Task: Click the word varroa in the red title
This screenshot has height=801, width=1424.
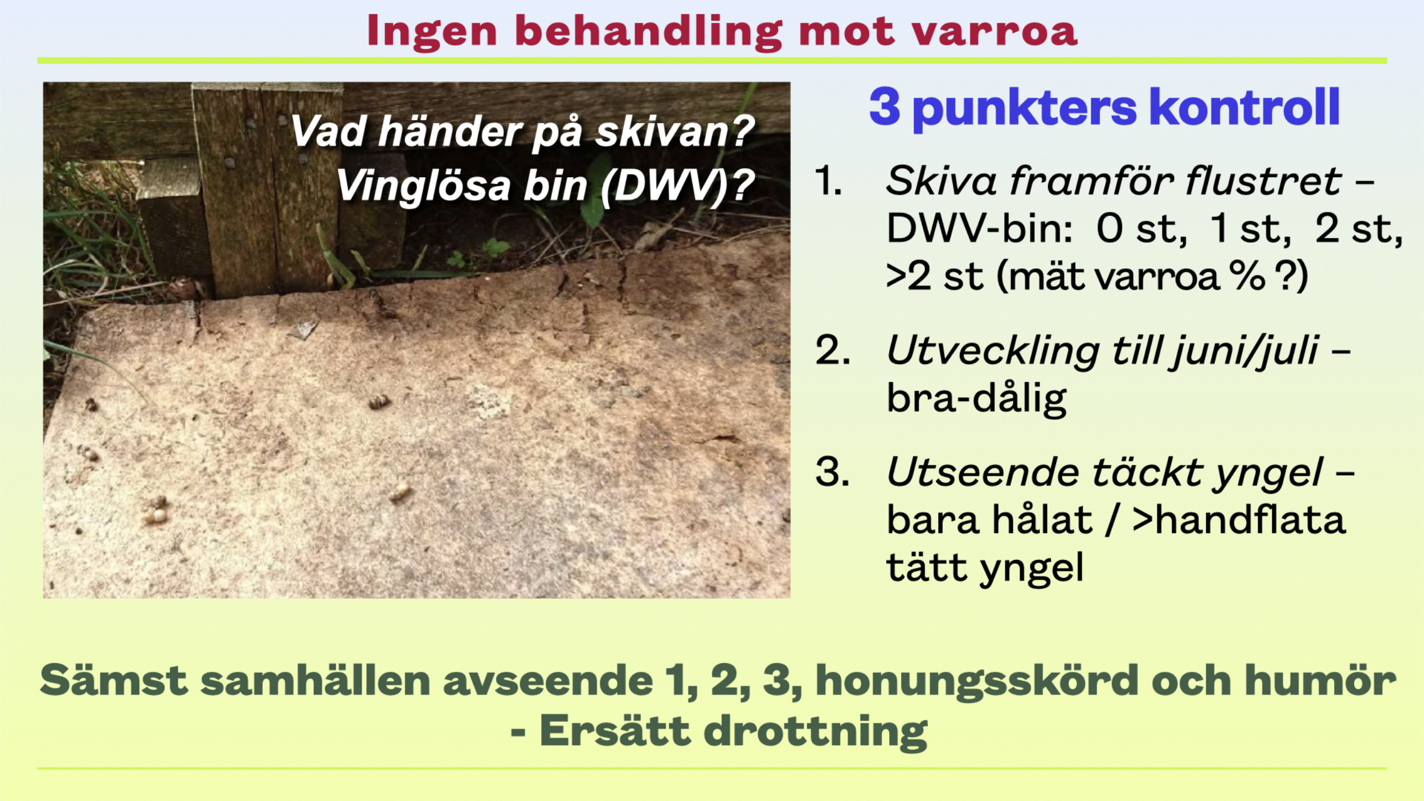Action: click(x=994, y=33)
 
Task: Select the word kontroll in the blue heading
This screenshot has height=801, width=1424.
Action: click(x=1244, y=107)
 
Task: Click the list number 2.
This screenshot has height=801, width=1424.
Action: click(x=832, y=350)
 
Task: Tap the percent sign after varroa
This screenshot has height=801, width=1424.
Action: click(x=1247, y=276)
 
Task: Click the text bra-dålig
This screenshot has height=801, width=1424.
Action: click(x=976, y=399)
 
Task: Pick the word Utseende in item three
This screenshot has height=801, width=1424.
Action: click(x=983, y=472)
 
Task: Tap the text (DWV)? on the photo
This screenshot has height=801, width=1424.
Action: click(x=678, y=186)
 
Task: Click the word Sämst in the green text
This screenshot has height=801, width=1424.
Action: click(x=114, y=680)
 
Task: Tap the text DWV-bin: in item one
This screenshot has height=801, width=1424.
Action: click(x=980, y=229)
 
